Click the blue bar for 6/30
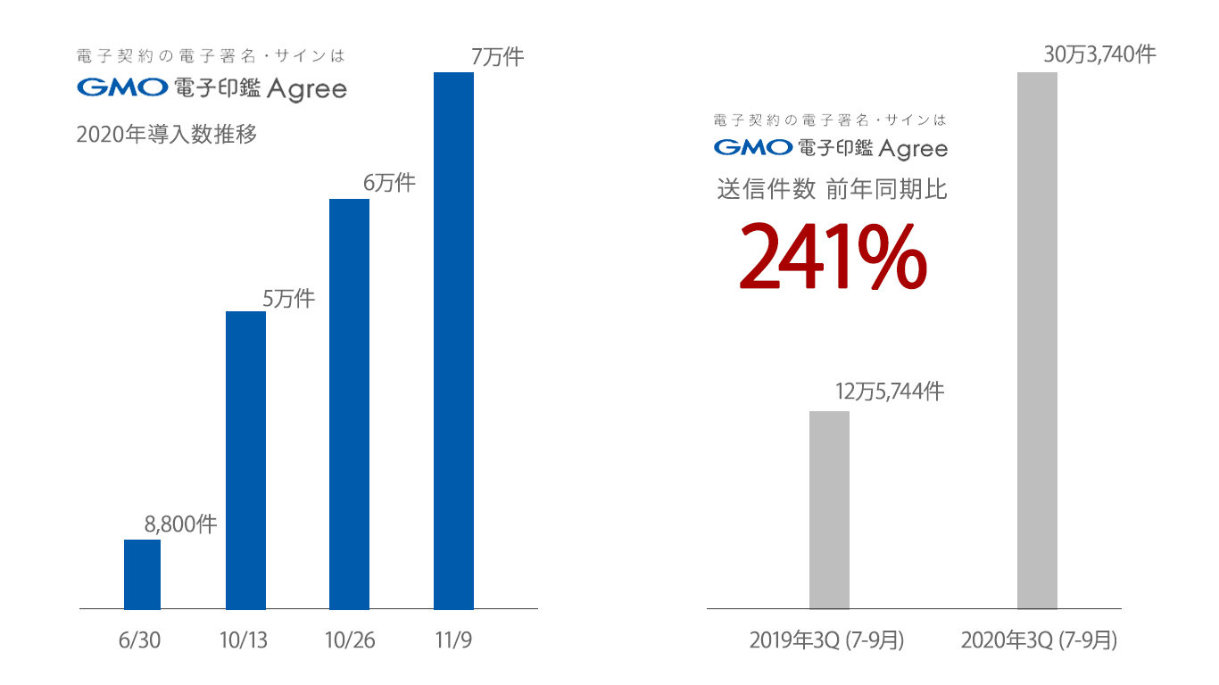[x=142, y=574]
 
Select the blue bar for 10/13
[x=246, y=460]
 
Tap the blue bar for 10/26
[x=350, y=404]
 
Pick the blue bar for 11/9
[x=453, y=341]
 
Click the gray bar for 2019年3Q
[x=829, y=510]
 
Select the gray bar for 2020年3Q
[x=1037, y=341]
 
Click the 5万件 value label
[x=288, y=299]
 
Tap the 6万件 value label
[x=389, y=184]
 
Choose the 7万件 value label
[x=497, y=57]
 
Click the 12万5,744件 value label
[x=890, y=392]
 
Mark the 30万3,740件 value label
[x=1099, y=54]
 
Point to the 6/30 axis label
[x=139, y=640]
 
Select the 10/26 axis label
[x=350, y=640]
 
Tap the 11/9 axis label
[x=453, y=640]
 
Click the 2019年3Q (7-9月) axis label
[x=826, y=640]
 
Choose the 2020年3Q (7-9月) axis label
[x=1039, y=640]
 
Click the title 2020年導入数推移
[x=167, y=136]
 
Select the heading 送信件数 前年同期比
[x=832, y=189]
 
